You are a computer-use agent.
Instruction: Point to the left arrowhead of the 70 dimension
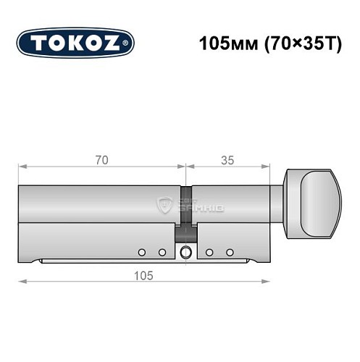coord(22,168)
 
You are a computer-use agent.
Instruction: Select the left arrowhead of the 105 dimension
coord(22,282)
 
